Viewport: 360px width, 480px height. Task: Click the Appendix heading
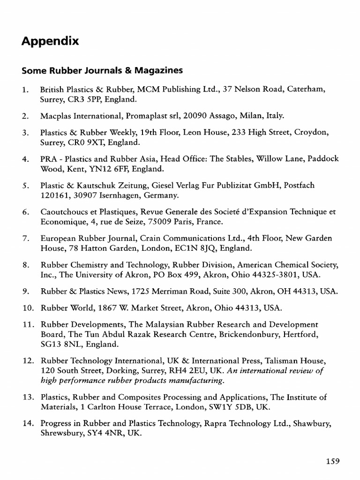point(50,42)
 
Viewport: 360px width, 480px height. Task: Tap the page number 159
point(332,461)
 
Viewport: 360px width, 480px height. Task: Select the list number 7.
point(25,239)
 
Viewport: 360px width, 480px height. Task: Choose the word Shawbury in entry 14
point(310,424)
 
